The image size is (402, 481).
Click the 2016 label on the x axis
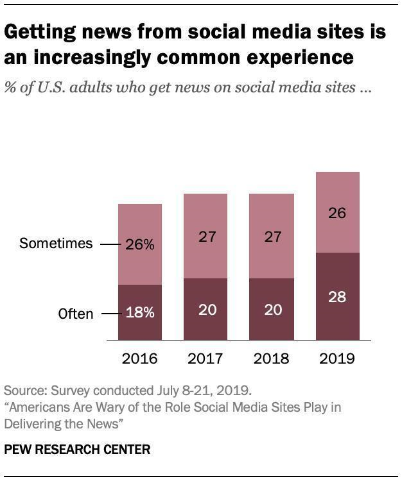coord(139,359)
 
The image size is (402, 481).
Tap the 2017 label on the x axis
coord(206,359)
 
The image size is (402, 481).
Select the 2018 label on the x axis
coord(272,359)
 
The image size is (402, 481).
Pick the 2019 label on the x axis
coord(337,359)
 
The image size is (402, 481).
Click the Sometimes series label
coord(56,244)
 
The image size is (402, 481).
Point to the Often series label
coord(76,314)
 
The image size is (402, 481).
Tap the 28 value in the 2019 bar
coord(337,297)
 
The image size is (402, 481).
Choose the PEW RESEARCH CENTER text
coord(77,450)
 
